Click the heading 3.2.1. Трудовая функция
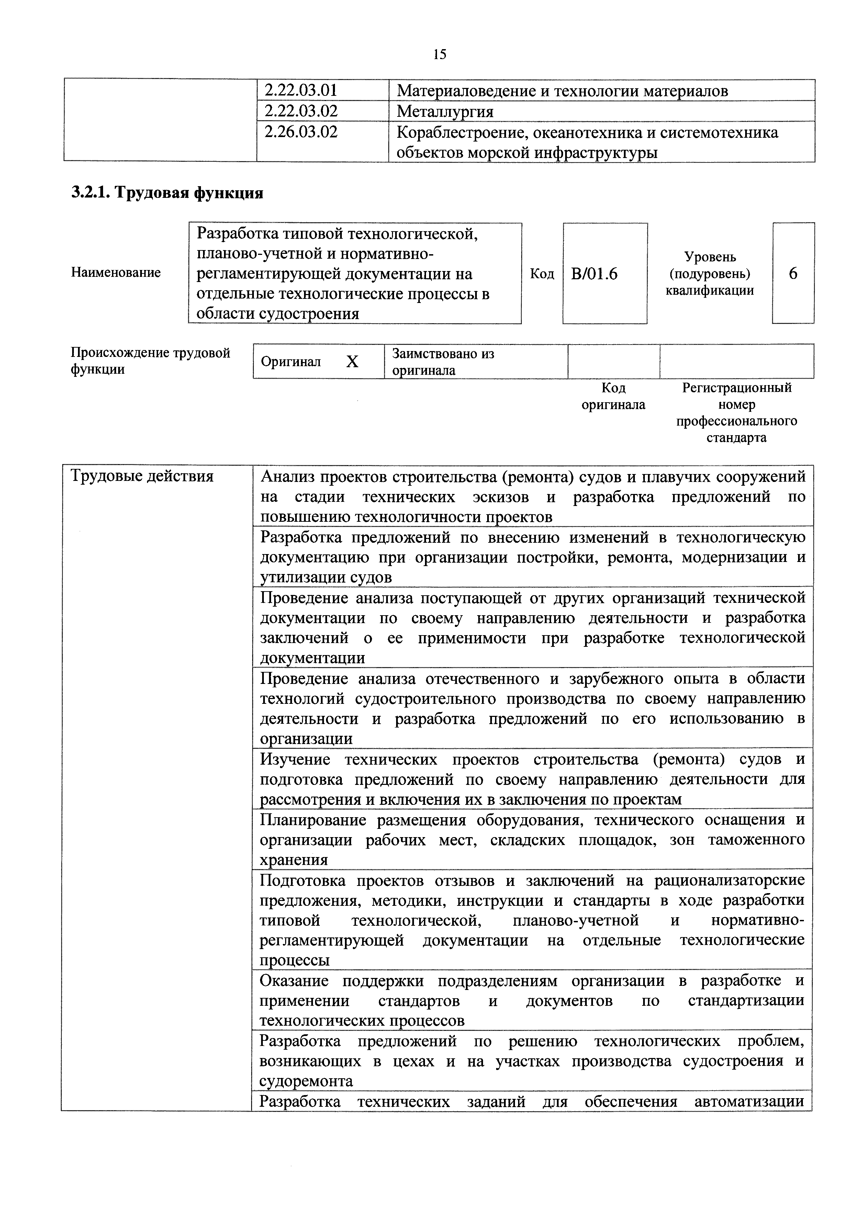tap(167, 193)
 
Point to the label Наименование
tap(115, 272)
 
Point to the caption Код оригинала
tap(613, 396)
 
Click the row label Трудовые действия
tap(142, 476)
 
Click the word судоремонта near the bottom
tap(306, 1081)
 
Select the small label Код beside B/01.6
tap(542, 273)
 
